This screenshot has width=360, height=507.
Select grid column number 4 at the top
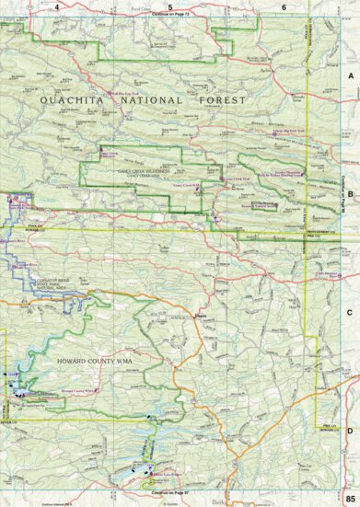pos(57,7)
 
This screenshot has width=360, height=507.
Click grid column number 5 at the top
pos(170,7)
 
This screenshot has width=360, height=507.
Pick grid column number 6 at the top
pos(284,7)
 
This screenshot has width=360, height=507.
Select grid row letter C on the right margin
pos(351,313)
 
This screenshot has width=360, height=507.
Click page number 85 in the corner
pos(351,498)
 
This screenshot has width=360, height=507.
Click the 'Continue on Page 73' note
pos(170,16)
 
